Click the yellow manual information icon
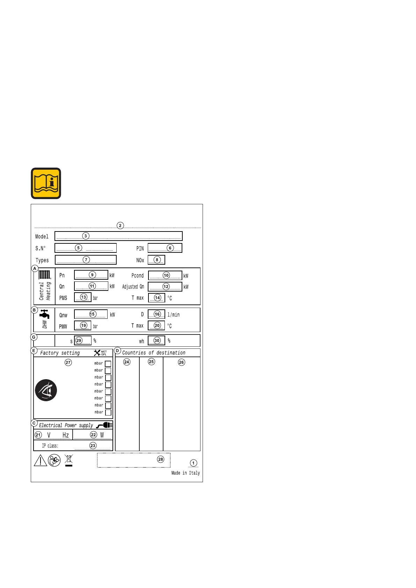tap(46, 183)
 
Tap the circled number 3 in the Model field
tap(86, 236)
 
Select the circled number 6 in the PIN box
tap(170, 248)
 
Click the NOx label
tap(140, 260)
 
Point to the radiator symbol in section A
tap(45, 275)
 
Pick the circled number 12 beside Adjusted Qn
tap(166, 286)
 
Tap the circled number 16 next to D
tap(157, 314)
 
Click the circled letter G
tap(34, 337)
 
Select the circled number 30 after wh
tap(157, 340)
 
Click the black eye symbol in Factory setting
tap(46, 390)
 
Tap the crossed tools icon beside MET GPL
tap(97, 353)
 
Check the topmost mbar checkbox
tap(108, 363)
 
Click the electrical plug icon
tap(104, 425)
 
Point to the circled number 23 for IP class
tap(93, 446)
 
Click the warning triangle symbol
tap(41, 461)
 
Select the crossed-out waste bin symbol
tap(69, 460)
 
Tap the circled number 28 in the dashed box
tap(161, 459)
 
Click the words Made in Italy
tap(185, 473)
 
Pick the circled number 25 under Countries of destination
tap(151, 362)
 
